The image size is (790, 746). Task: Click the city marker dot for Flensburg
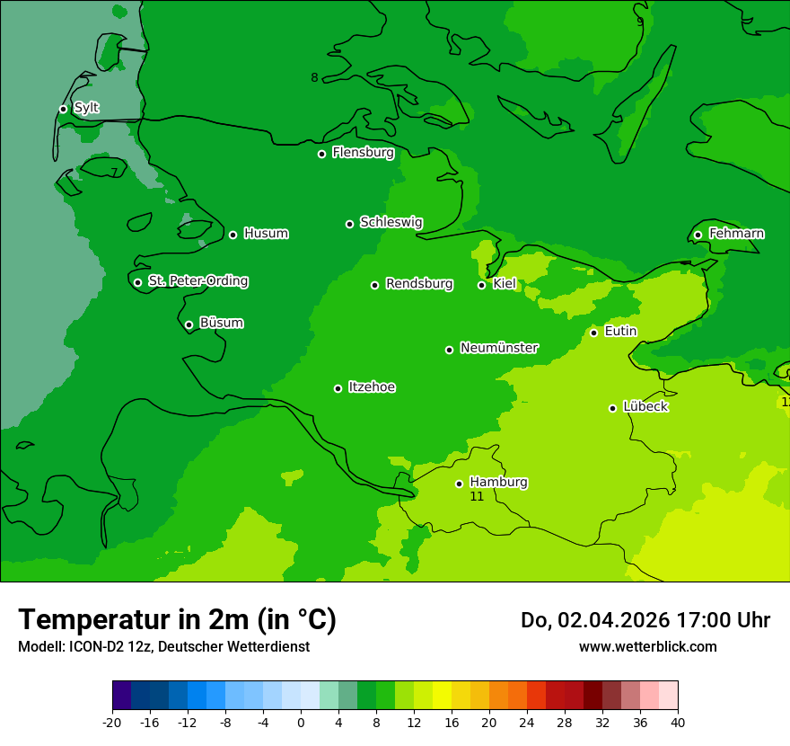tap(321, 154)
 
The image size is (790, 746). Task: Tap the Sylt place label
tap(86, 108)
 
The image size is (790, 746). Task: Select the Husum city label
tap(266, 234)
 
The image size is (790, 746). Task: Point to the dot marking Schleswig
tap(349, 224)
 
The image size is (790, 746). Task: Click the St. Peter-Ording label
tap(197, 281)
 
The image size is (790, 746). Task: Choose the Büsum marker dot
tap(189, 324)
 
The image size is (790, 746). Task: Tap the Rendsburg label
tap(419, 284)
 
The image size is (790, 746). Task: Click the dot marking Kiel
tap(481, 285)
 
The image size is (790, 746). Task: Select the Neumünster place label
tap(499, 348)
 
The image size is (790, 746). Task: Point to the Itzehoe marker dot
tap(338, 388)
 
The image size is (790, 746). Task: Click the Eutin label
tap(620, 332)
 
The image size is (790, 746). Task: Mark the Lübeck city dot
tap(612, 408)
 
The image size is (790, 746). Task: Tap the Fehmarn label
tap(736, 234)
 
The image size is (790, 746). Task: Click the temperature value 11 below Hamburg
tap(477, 496)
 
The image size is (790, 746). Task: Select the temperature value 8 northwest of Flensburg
tap(314, 78)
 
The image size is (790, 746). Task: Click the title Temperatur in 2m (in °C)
tap(177, 620)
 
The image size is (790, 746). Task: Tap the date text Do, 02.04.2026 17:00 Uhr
tap(645, 620)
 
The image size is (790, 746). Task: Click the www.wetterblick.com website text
tap(647, 646)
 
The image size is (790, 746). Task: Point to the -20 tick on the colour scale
tap(112, 722)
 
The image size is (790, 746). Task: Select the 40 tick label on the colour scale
tap(678, 722)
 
